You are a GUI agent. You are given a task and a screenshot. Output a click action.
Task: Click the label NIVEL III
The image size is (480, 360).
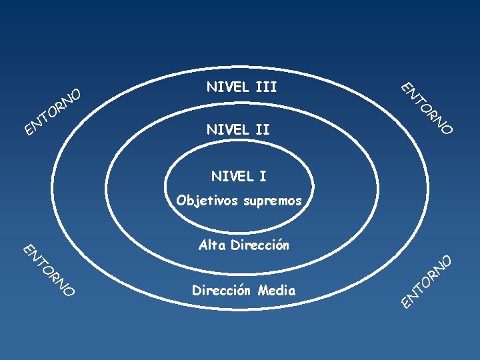pyautogui.click(x=241, y=87)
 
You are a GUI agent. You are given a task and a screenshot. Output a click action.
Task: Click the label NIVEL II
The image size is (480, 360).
pyautogui.click(x=238, y=129)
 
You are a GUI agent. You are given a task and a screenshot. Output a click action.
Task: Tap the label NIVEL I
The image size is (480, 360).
pyautogui.click(x=238, y=177)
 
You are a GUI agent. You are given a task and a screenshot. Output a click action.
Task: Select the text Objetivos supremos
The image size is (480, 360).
pyautogui.click(x=239, y=201)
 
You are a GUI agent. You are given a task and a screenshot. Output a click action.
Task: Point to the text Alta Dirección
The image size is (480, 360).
pyautogui.click(x=244, y=245)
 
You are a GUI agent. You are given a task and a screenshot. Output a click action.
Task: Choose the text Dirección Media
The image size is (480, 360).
pyautogui.click(x=243, y=291)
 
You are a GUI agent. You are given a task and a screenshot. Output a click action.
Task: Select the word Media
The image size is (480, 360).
pyautogui.click(x=278, y=291)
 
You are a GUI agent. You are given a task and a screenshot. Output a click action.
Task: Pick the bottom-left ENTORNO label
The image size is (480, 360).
pyautogui.click(x=48, y=269)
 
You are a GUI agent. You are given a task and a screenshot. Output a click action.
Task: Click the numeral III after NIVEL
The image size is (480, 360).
pyautogui.click(x=266, y=87)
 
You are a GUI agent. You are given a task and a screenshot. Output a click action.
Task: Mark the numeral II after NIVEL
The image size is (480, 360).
pyautogui.click(x=261, y=129)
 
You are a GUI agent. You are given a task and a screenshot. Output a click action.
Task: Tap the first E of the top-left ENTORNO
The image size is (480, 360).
pyautogui.click(x=29, y=127)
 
